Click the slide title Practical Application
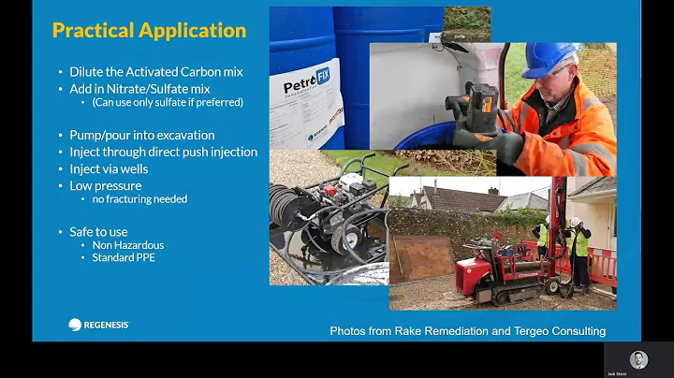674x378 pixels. (149, 30)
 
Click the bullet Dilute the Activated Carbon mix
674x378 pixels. (154, 72)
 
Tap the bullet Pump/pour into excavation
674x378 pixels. (141, 135)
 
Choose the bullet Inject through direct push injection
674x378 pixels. (163, 152)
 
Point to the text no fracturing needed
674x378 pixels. (139, 199)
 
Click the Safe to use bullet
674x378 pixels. (98, 231)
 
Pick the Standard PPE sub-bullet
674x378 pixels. (124, 257)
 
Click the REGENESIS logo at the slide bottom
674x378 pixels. (98, 325)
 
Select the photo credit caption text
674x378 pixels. (467, 331)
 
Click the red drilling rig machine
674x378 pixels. (496, 270)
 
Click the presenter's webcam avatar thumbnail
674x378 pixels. (638, 359)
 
